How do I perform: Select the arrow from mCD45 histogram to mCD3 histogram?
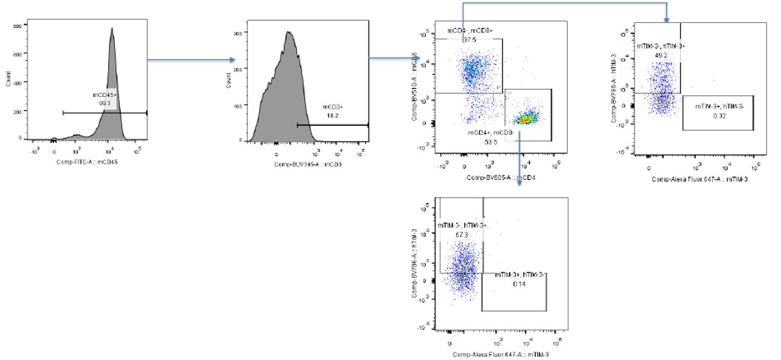click(191, 60)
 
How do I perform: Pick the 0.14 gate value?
click(515, 284)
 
